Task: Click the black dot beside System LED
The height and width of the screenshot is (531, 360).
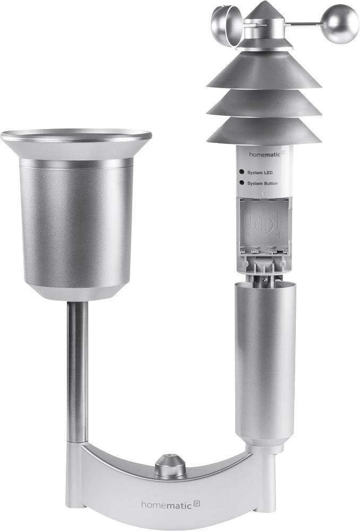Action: [242, 173]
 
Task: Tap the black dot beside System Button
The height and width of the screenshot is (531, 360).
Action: [242, 183]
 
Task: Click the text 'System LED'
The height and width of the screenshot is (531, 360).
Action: [261, 173]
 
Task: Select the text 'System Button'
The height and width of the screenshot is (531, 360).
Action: [263, 183]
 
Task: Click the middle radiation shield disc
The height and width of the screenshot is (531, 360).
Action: [264, 104]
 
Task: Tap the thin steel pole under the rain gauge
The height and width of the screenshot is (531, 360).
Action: [78, 372]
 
